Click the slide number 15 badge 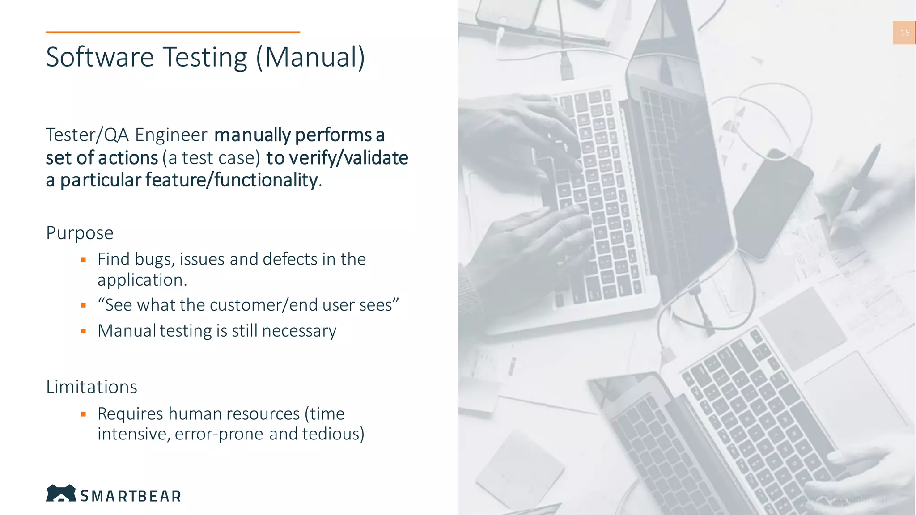coord(904,33)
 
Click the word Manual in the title coord(315,57)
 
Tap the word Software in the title coord(100,57)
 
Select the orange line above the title coord(173,32)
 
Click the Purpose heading coord(80,233)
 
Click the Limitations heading coord(92,387)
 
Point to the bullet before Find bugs coord(83,259)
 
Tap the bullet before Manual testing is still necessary coord(83,331)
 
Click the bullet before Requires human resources coord(83,414)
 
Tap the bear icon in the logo coord(61,493)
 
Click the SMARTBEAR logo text coord(131,496)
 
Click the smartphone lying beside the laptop coord(773,203)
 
